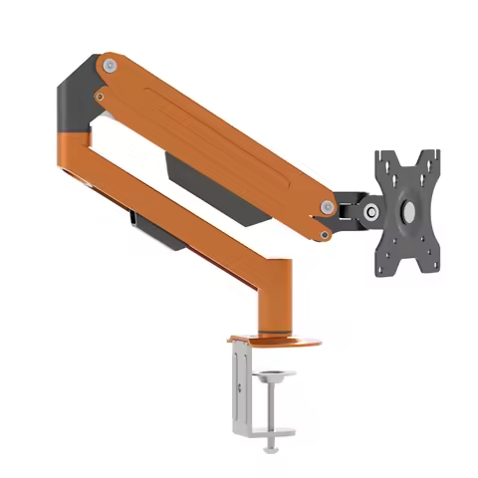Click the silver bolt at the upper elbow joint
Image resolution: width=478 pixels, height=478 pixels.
coord(108,66)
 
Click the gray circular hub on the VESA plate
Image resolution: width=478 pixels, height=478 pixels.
coord(408,211)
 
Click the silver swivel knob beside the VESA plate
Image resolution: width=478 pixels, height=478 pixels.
coord(370,211)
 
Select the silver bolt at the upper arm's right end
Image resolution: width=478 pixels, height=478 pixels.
coord(327,207)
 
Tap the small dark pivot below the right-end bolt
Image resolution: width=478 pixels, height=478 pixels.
coord(326,235)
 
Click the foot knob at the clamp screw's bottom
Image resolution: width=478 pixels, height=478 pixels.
coord(272,447)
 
